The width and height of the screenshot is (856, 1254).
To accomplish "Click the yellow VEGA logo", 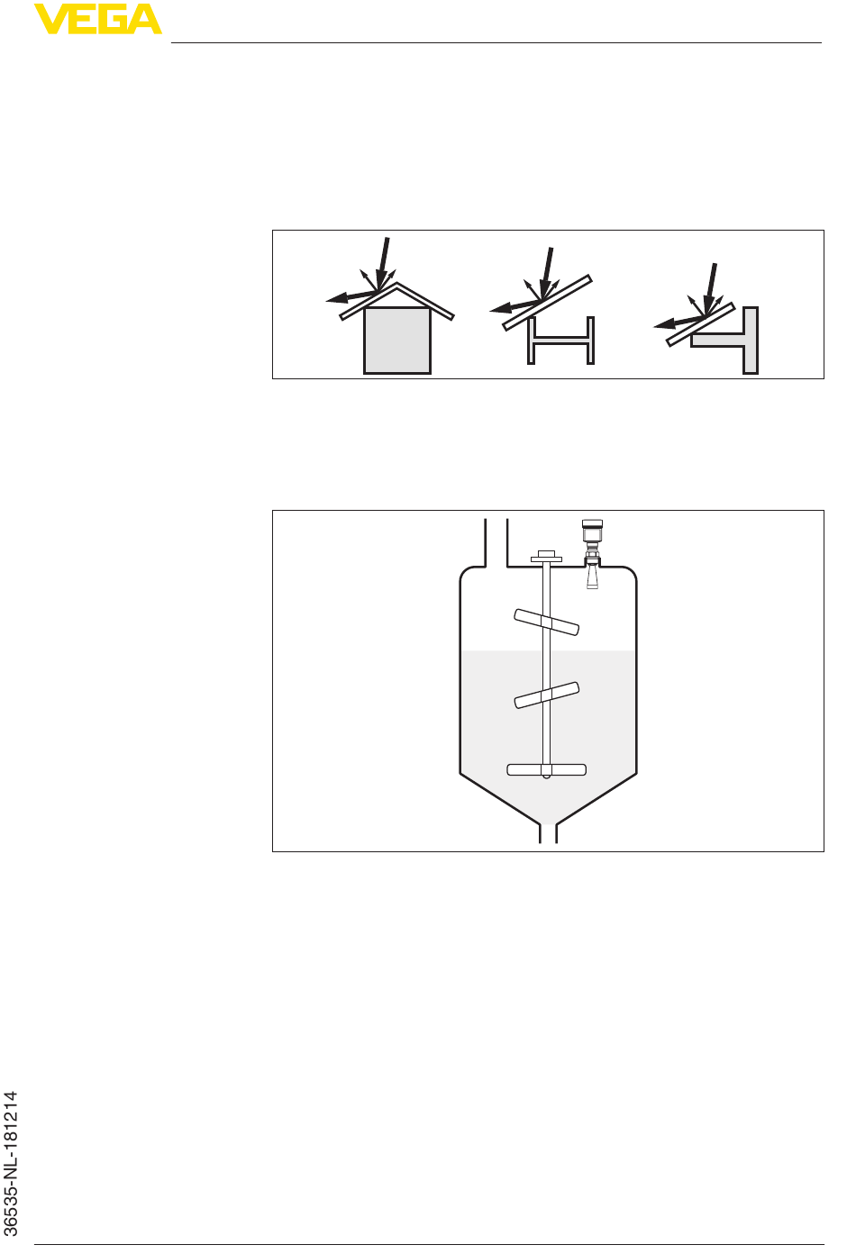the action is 98,19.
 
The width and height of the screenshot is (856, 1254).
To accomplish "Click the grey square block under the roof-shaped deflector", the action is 397,341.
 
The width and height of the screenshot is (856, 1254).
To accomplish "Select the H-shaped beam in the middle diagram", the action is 561,341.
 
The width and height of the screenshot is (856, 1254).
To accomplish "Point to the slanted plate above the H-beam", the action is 547,303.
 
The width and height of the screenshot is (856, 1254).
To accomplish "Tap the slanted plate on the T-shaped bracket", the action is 700,324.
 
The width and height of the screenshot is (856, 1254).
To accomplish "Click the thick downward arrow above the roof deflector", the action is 383,263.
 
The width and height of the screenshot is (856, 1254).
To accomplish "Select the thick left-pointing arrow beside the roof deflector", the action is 351,296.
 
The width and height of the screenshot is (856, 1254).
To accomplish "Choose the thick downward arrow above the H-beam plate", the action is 546,273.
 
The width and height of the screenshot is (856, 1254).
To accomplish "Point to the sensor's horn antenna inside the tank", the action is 592,576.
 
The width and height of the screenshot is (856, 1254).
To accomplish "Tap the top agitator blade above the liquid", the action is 546,622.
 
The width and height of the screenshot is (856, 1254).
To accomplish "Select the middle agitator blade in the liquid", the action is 546,695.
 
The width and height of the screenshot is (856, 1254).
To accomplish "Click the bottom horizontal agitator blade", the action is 546,769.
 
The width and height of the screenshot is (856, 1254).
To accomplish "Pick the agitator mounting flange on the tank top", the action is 546,557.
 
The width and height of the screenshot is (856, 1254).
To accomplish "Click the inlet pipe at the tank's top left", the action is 496,542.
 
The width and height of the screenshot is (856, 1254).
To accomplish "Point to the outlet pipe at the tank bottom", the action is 548,833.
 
